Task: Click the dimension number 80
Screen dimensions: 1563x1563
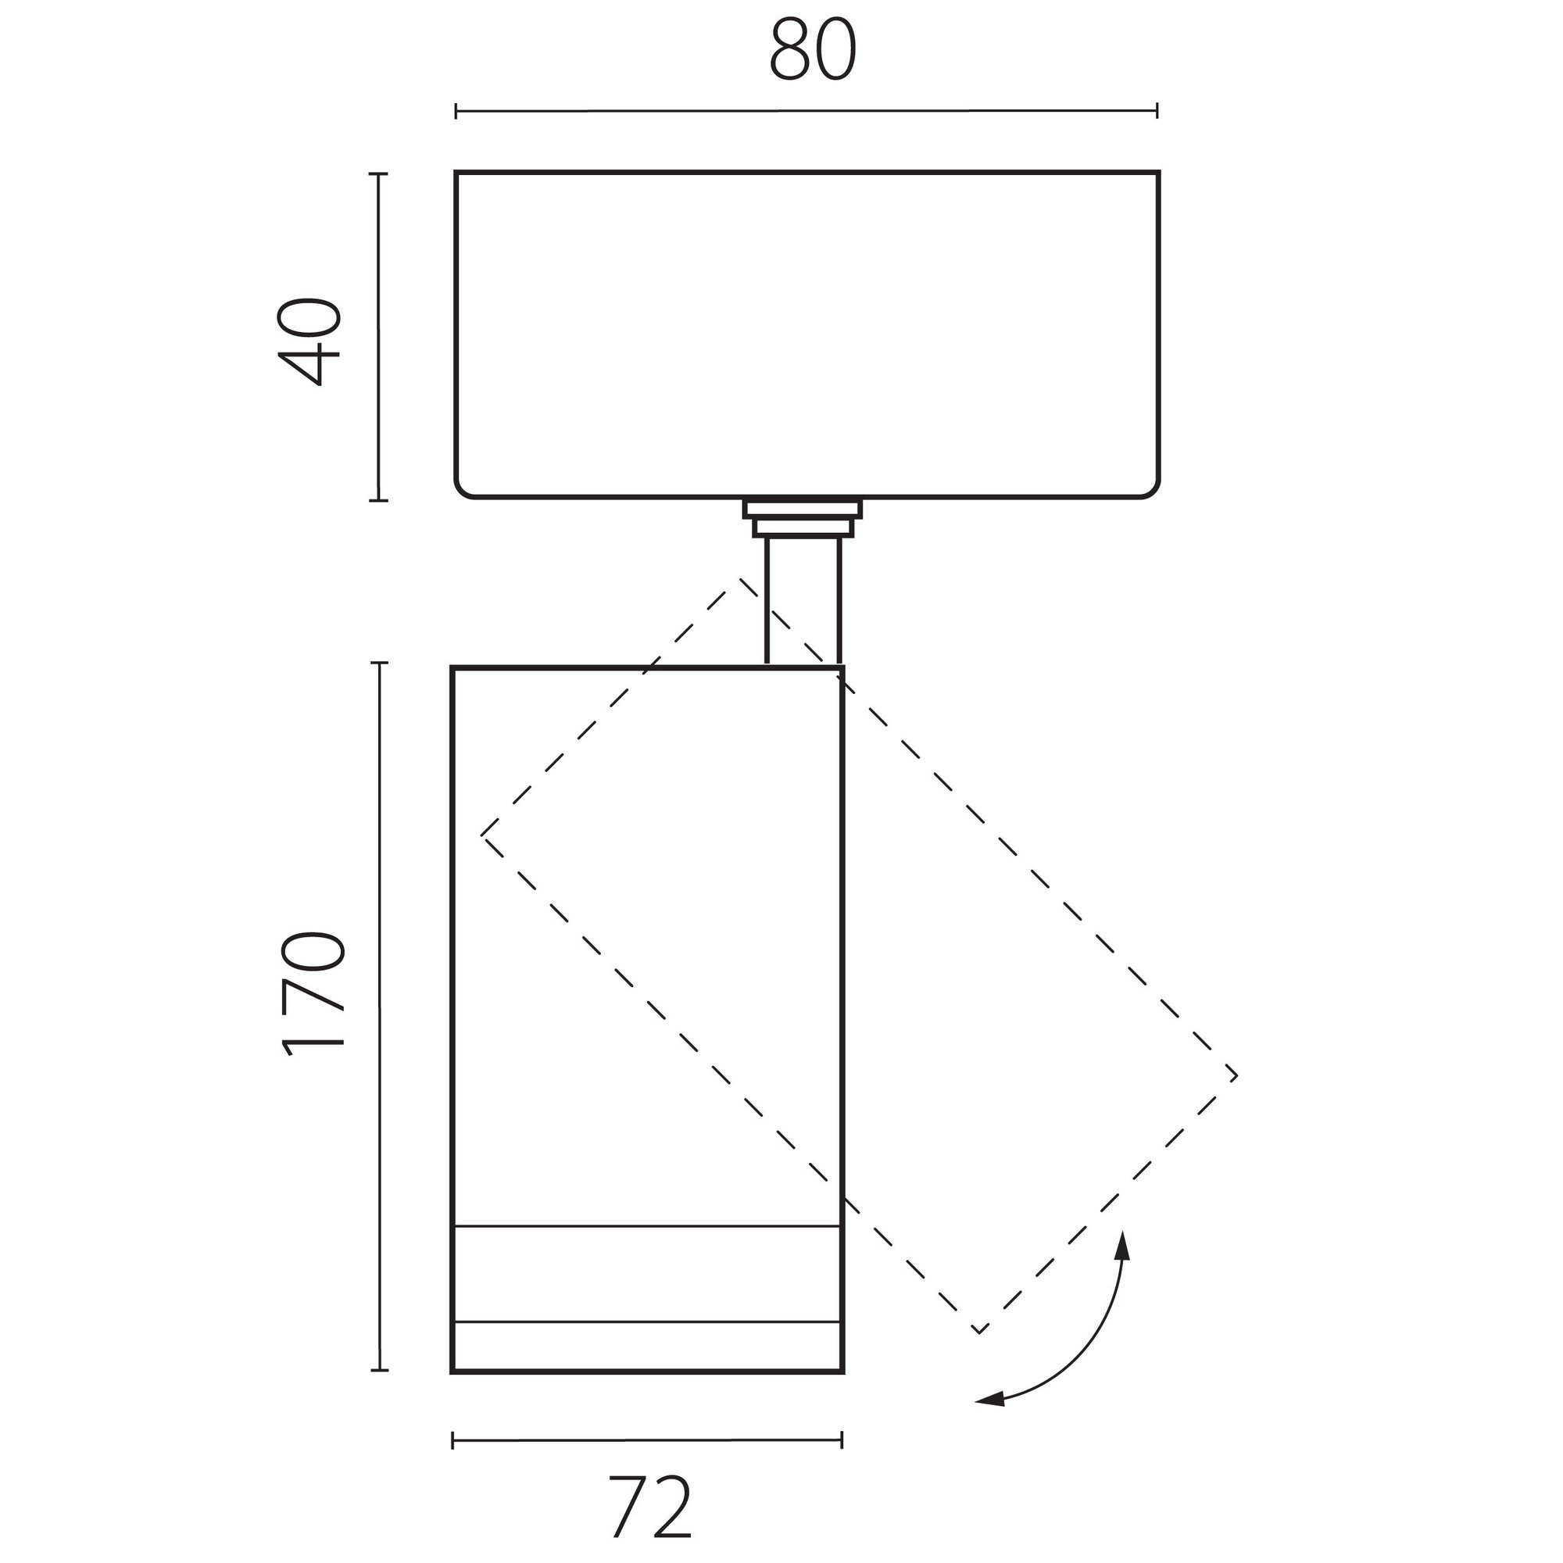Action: tap(812, 50)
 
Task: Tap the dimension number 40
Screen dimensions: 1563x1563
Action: tap(309, 342)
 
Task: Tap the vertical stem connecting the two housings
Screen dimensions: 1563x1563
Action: tap(803, 601)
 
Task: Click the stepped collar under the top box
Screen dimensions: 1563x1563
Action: tap(803, 519)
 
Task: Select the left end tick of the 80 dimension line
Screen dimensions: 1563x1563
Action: tap(456, 111)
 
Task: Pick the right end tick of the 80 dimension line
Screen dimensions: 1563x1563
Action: tap(1157, 111)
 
